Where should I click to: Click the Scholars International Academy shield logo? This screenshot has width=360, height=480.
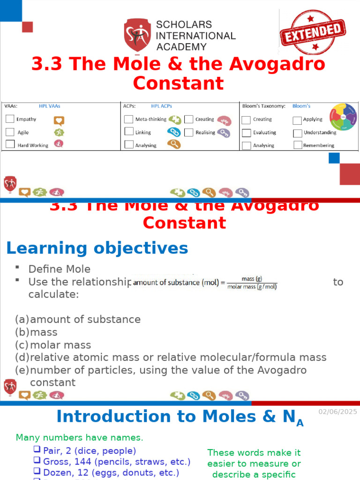point(137,35)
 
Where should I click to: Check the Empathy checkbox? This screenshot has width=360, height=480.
point(10,119)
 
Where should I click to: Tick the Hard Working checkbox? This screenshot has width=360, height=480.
point(10,144)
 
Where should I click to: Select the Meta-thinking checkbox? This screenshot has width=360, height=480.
point(128,119)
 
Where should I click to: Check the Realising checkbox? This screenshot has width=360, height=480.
point(188,132)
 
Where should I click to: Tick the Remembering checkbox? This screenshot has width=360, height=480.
point(297,145)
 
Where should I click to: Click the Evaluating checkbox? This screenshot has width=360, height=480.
point(246,133)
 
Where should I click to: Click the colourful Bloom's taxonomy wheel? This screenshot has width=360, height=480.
point(343,117)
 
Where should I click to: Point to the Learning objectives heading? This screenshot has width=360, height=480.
point(97,248)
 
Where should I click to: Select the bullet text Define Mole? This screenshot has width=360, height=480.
point(60,269)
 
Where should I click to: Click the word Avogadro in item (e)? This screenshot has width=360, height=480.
point(282,370)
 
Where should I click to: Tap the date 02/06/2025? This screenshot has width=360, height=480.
point(337,412)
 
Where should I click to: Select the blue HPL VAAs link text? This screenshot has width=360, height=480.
point(49,106)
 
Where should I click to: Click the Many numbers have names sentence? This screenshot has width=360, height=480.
point(80,438)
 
